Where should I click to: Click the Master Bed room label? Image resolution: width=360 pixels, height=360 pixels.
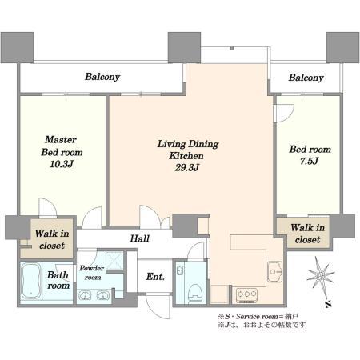[62, 146]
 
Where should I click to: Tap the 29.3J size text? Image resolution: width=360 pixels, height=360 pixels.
[187, 168]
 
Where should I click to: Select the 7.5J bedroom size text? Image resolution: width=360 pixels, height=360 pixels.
[309, 161]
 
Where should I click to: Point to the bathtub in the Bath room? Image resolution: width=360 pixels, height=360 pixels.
[31, 281]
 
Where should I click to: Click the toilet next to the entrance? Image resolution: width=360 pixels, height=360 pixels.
[194, 294]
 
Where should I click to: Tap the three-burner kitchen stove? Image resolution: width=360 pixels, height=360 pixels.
[247, 295]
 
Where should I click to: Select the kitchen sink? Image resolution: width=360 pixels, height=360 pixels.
[274, 271]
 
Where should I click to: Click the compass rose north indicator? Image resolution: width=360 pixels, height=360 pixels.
[321, 275]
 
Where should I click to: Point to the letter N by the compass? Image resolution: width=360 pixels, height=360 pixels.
[329, 304]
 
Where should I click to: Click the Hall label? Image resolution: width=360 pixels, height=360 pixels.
[139, 238]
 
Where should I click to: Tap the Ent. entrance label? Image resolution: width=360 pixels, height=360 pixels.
[155, 277]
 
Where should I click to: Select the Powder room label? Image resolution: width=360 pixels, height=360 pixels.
[92, 273]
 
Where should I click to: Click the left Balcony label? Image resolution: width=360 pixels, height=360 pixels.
[102, 77]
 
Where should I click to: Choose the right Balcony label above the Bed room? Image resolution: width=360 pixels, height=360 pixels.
[306, 78]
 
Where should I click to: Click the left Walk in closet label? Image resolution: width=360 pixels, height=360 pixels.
[52, 239]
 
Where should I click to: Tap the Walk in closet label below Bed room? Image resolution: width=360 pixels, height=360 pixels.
[307, 234]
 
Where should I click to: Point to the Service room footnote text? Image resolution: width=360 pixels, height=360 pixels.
[258, 317]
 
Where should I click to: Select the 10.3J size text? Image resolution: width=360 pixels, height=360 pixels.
[62, 164]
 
